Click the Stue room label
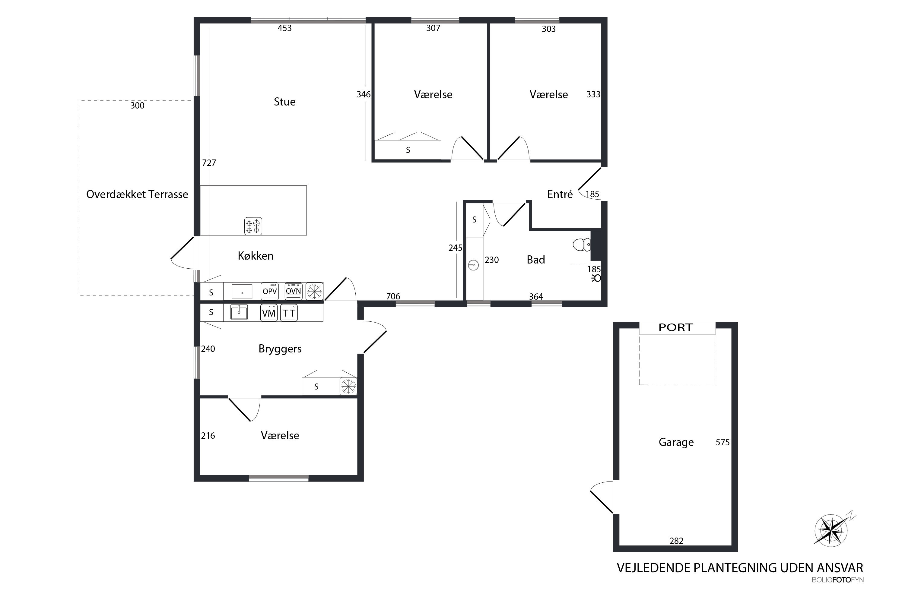point(284,102)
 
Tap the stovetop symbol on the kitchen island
point(253,226)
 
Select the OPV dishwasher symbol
point(270,292)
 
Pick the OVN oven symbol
point(293,291)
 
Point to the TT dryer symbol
point(289,313)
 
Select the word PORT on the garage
point(676,328)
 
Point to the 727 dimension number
point(209,163)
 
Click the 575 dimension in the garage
point(722,442)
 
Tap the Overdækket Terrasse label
point(137,194)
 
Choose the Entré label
point(560,194)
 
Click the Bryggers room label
point(280,349)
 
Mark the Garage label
point(676,442)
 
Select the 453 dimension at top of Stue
point(285,28)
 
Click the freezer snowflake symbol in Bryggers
point(348,386)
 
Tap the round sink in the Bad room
point(474,265)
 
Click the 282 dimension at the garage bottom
point(676,541)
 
